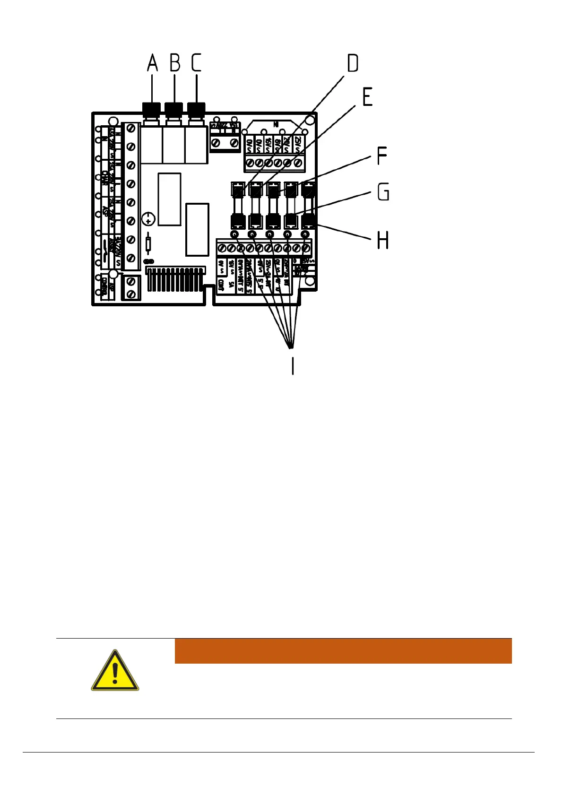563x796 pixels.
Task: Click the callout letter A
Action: tap(152, 63)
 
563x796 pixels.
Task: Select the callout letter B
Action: tap(175, 63)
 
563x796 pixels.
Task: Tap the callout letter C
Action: tap(196, 63)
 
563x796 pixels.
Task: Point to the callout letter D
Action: tap(352, 63)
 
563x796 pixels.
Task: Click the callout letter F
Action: tap(382, 156)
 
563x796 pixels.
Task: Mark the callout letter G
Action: tap(383, 192)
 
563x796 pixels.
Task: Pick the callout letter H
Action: tap(382, 240)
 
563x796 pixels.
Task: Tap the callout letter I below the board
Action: tap(293, 365)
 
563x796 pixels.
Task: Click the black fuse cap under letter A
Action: tap(151, 110)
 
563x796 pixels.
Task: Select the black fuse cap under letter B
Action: tap(174, 110)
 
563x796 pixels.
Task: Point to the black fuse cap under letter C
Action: tap(196, 110)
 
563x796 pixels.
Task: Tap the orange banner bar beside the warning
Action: tap(343, 651)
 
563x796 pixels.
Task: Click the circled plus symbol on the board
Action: tap(148, 219)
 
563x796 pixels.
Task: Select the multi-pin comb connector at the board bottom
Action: tap(175, 279)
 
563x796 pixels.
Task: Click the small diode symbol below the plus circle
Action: tap(148, 244)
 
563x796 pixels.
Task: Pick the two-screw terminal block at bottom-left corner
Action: tap(131, 288)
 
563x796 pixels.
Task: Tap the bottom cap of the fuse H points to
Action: tap(308, 221)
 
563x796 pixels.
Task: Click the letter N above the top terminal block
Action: tap(276, 124)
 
